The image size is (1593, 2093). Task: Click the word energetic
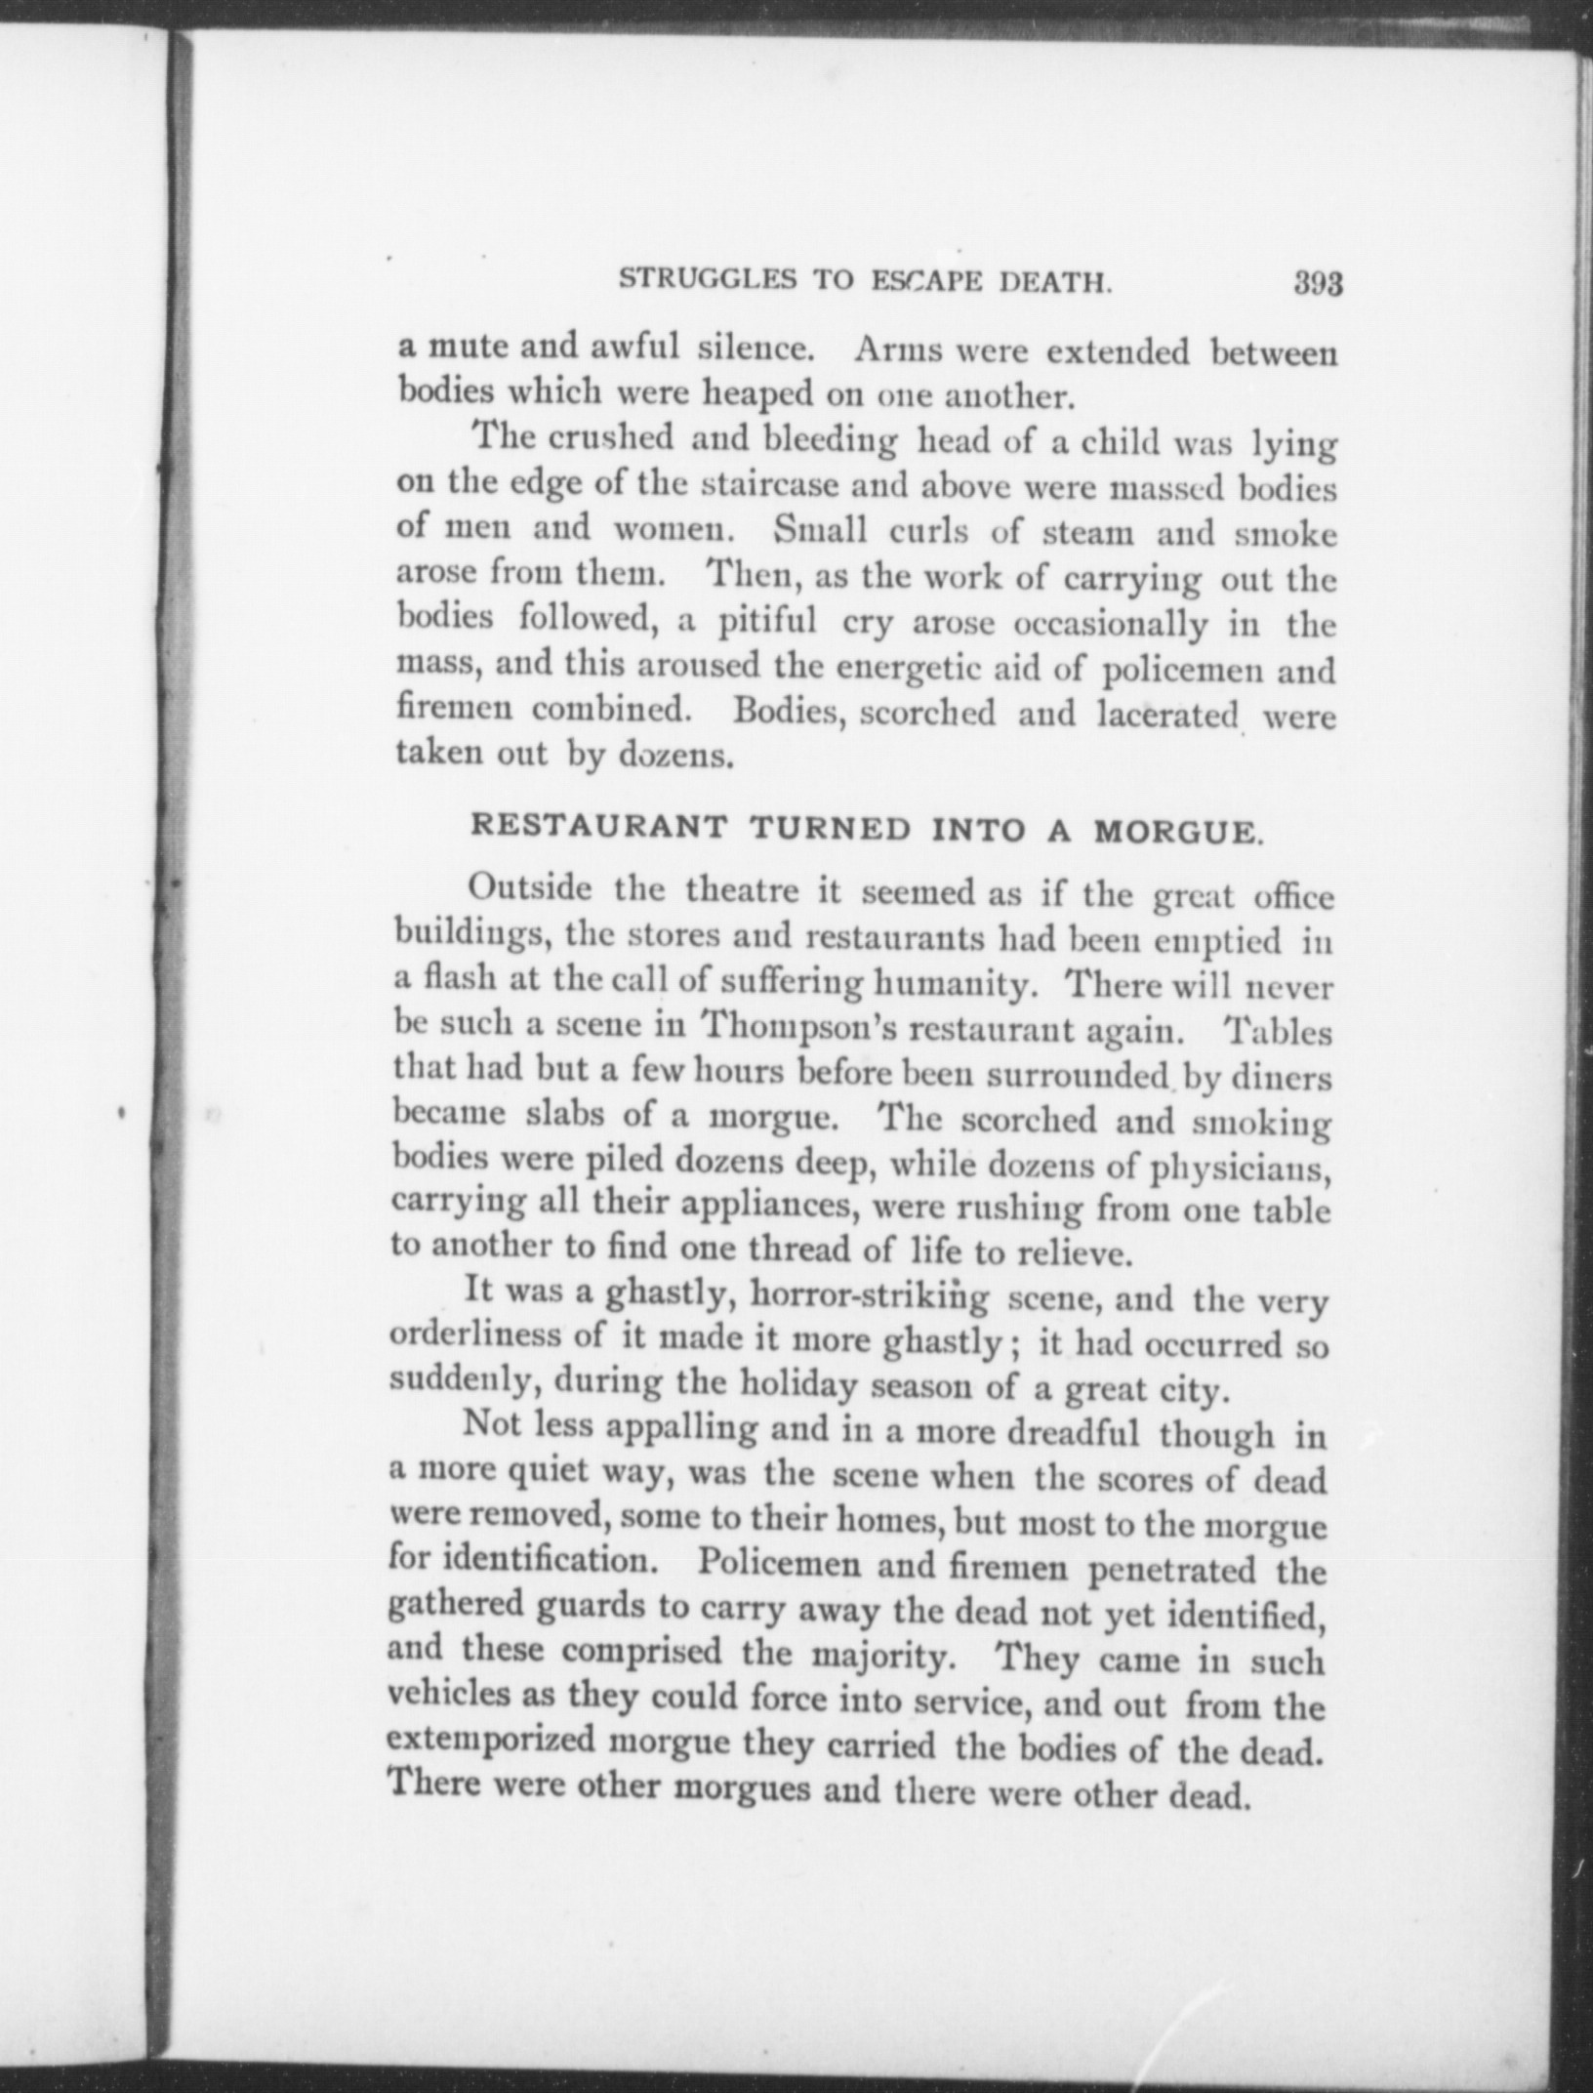(893, 671)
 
